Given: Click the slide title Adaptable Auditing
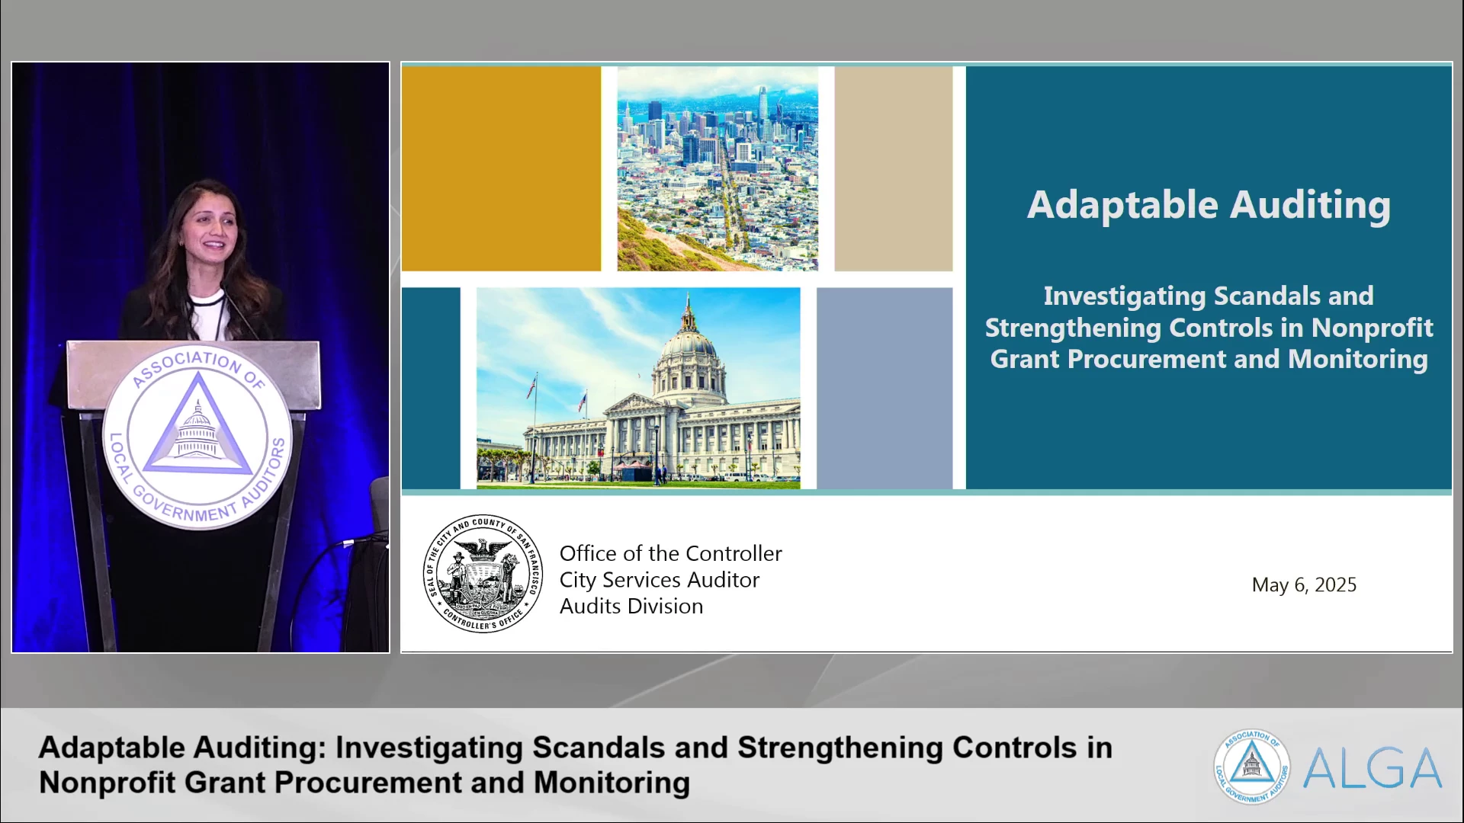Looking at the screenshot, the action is pos(1209,205).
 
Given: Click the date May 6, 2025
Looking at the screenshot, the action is pos(1304,584).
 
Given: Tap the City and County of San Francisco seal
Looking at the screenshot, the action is pos(483,573).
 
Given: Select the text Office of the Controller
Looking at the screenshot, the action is pos(670,553).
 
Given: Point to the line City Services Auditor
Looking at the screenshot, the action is pos(660,580).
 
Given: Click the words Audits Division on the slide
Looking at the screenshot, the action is pos(631,607).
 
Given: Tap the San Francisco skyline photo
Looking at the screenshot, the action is pos(718,168).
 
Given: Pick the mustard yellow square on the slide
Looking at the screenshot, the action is pos(501,168).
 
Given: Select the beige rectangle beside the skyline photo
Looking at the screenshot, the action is pos(893,168).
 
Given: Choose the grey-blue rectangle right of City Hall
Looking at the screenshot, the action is pos(884,388).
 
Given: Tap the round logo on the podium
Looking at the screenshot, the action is pos(197,437).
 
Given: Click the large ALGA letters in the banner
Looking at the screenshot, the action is pos(1372,768).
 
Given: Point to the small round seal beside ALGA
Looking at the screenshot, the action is pos(1252,767).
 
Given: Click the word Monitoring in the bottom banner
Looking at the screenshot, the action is pos(612,783).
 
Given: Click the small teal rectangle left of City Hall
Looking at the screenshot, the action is pos(431,388).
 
